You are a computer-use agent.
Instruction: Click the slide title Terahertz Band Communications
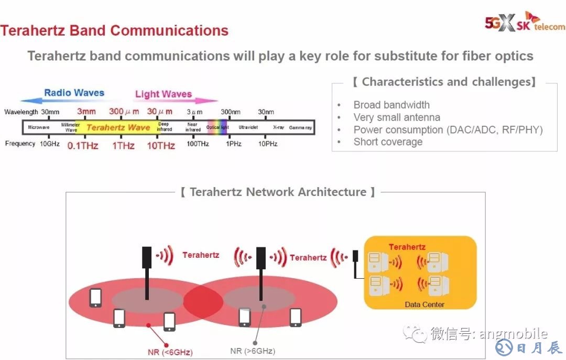(114, 30)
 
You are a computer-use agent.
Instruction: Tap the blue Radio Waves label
(74, 93)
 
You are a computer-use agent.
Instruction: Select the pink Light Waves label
(164, 94)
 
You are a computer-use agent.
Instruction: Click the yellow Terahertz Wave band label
(118, 127)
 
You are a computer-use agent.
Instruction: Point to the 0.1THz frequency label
(83, 146)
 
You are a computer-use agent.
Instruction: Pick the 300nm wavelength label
(231, 112)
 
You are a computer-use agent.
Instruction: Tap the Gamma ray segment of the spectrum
(300, 127)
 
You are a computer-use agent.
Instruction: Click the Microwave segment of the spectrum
(39, 127)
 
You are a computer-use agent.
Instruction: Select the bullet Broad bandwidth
(391, 105)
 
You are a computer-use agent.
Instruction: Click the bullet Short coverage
(388, 141)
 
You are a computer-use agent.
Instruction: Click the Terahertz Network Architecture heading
(278, 192)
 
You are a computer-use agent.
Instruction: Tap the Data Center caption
(424, 304)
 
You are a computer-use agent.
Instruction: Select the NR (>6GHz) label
(253, 351)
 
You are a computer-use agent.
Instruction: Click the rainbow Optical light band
(217, 127)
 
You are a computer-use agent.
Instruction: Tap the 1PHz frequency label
(234, 144)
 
